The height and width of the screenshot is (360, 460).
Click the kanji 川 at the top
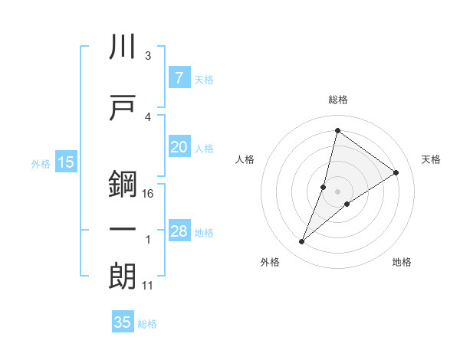coord(123,47)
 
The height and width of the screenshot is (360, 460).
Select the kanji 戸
coord(123,107)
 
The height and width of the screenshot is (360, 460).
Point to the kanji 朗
coord(123,277)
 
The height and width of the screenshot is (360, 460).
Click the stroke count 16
coord(149,194)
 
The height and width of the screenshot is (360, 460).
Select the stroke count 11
coord(149,286)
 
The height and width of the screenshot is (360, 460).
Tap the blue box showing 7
coord(179,77)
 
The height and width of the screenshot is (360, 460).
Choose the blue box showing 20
coord(179,147)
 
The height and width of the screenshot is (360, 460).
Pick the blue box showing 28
coord(179,231)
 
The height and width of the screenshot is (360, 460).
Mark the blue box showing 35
coord(123,322)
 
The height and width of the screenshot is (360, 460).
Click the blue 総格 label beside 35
coord(147,324)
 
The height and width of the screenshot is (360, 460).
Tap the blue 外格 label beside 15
coord(41,163)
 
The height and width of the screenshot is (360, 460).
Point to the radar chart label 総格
coord(337,100)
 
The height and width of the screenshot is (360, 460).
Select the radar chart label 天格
coord(432,159)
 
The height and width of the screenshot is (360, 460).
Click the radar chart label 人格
coord(245,159)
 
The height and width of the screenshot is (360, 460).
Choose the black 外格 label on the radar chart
coord(270,262)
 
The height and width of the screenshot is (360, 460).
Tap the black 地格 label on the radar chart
coord(402,262)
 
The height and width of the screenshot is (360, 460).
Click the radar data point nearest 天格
coord(396,173)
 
